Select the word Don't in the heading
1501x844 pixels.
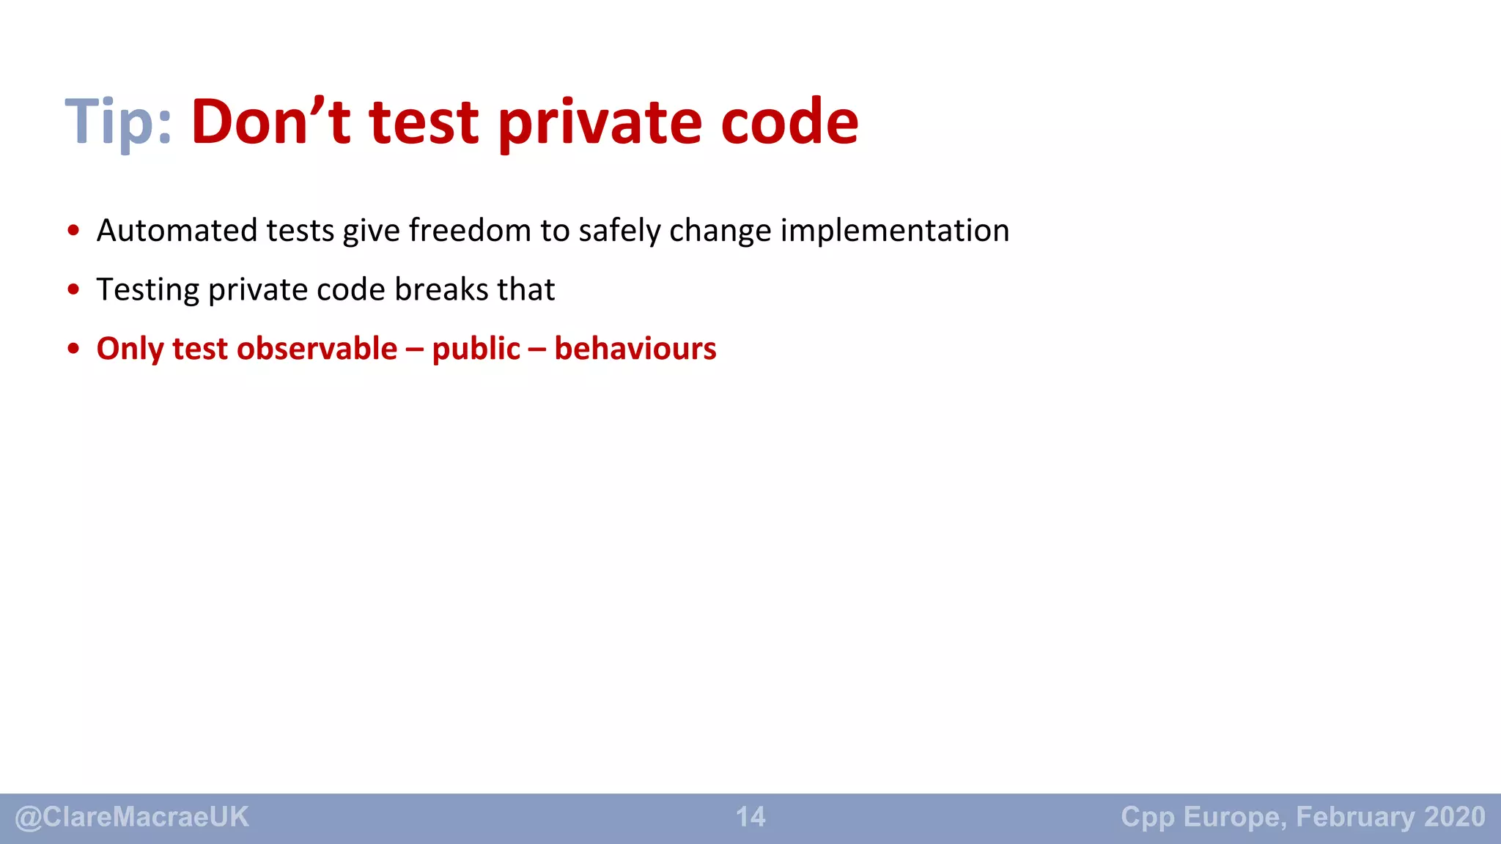tap(270, 122)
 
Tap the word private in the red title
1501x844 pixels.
tap(600, 123)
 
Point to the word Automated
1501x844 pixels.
tap(176, 230)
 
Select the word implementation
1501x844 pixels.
tap(894, 230)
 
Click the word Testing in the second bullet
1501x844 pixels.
tap(147, 290)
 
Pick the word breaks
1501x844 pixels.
tap(441, 289)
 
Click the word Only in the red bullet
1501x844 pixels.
tap(130, 349)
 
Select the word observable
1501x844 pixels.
tap(317, 348)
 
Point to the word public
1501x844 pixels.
tap(476, 349)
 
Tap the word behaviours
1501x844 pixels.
tap(635, 348)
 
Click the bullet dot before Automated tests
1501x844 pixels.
tap(73, 231)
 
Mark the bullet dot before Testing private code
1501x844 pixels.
tap(73, 290)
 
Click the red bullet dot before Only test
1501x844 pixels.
tap(73, 349)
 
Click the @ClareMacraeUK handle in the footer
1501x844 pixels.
tap(132, 817)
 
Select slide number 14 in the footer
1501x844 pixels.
tap(750, 817)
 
